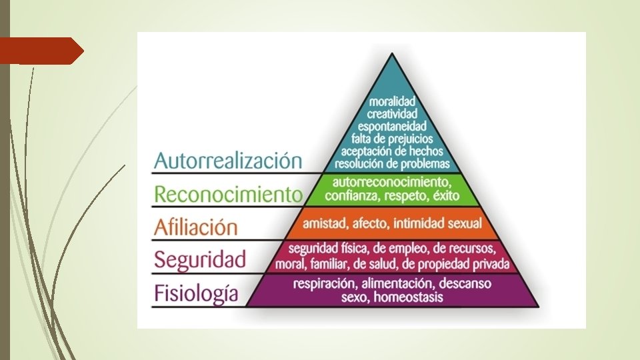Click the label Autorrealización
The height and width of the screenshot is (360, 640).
(219, 161)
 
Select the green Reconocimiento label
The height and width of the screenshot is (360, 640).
(228, 194)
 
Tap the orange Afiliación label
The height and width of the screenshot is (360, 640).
(195, 227)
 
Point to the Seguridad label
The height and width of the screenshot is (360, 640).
(200, 259)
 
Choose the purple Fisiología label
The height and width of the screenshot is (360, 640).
(196, 293)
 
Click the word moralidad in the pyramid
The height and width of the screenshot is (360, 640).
(393, 101)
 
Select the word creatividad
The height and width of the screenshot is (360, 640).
(393, 113)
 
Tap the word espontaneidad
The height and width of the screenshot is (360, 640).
(393, 125)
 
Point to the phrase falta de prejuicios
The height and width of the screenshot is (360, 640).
(393, 138)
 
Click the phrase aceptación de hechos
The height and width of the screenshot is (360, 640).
(393, 151)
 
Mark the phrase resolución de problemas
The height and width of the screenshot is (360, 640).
(393, 163)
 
